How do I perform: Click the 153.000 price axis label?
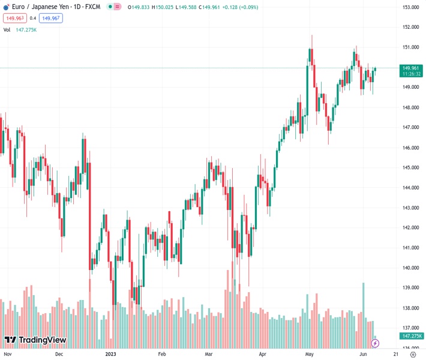[410, 7]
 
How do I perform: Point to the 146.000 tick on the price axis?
[410, 148]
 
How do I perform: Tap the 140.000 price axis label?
[410, 268]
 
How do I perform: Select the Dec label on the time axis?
[59, 354]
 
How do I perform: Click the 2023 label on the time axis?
[111, 354]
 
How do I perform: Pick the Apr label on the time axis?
[262, 354]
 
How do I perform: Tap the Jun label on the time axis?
[364, 354]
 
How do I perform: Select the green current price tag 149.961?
[411, 68]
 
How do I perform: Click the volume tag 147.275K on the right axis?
[411, 336]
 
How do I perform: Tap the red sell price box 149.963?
[15, 18]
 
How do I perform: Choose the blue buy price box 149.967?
[51, 18]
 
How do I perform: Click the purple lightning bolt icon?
[376, 343]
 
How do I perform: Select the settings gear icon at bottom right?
[412, 354]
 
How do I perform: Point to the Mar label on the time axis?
[209, 354]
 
